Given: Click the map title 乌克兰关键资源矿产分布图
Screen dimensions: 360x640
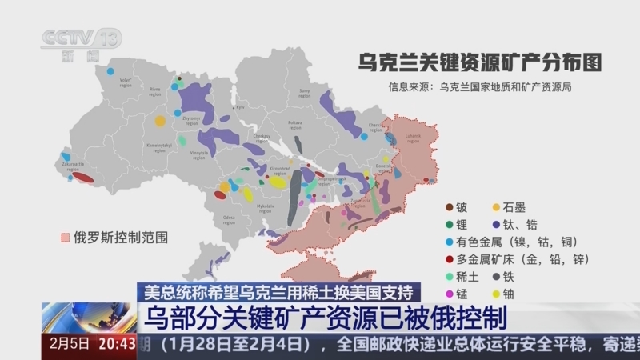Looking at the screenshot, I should (479, 62).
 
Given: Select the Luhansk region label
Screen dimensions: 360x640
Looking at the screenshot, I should (413, 137).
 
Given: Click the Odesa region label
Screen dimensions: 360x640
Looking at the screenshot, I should (230, 218).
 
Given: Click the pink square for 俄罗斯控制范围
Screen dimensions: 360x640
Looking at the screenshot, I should (66, 238).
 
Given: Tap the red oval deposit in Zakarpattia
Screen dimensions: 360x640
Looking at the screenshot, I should (82, 178).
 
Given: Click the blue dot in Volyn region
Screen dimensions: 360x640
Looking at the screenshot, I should (110, 71).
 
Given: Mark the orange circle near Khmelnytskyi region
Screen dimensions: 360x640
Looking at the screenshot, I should (160, 122).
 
